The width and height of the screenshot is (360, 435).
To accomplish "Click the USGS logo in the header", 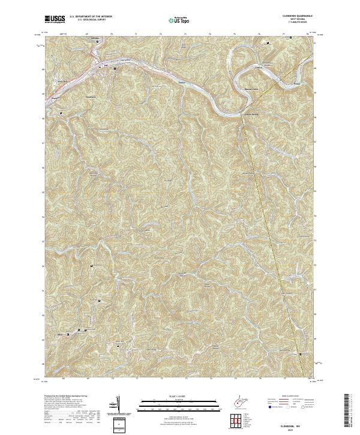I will (x=55, y=19).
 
